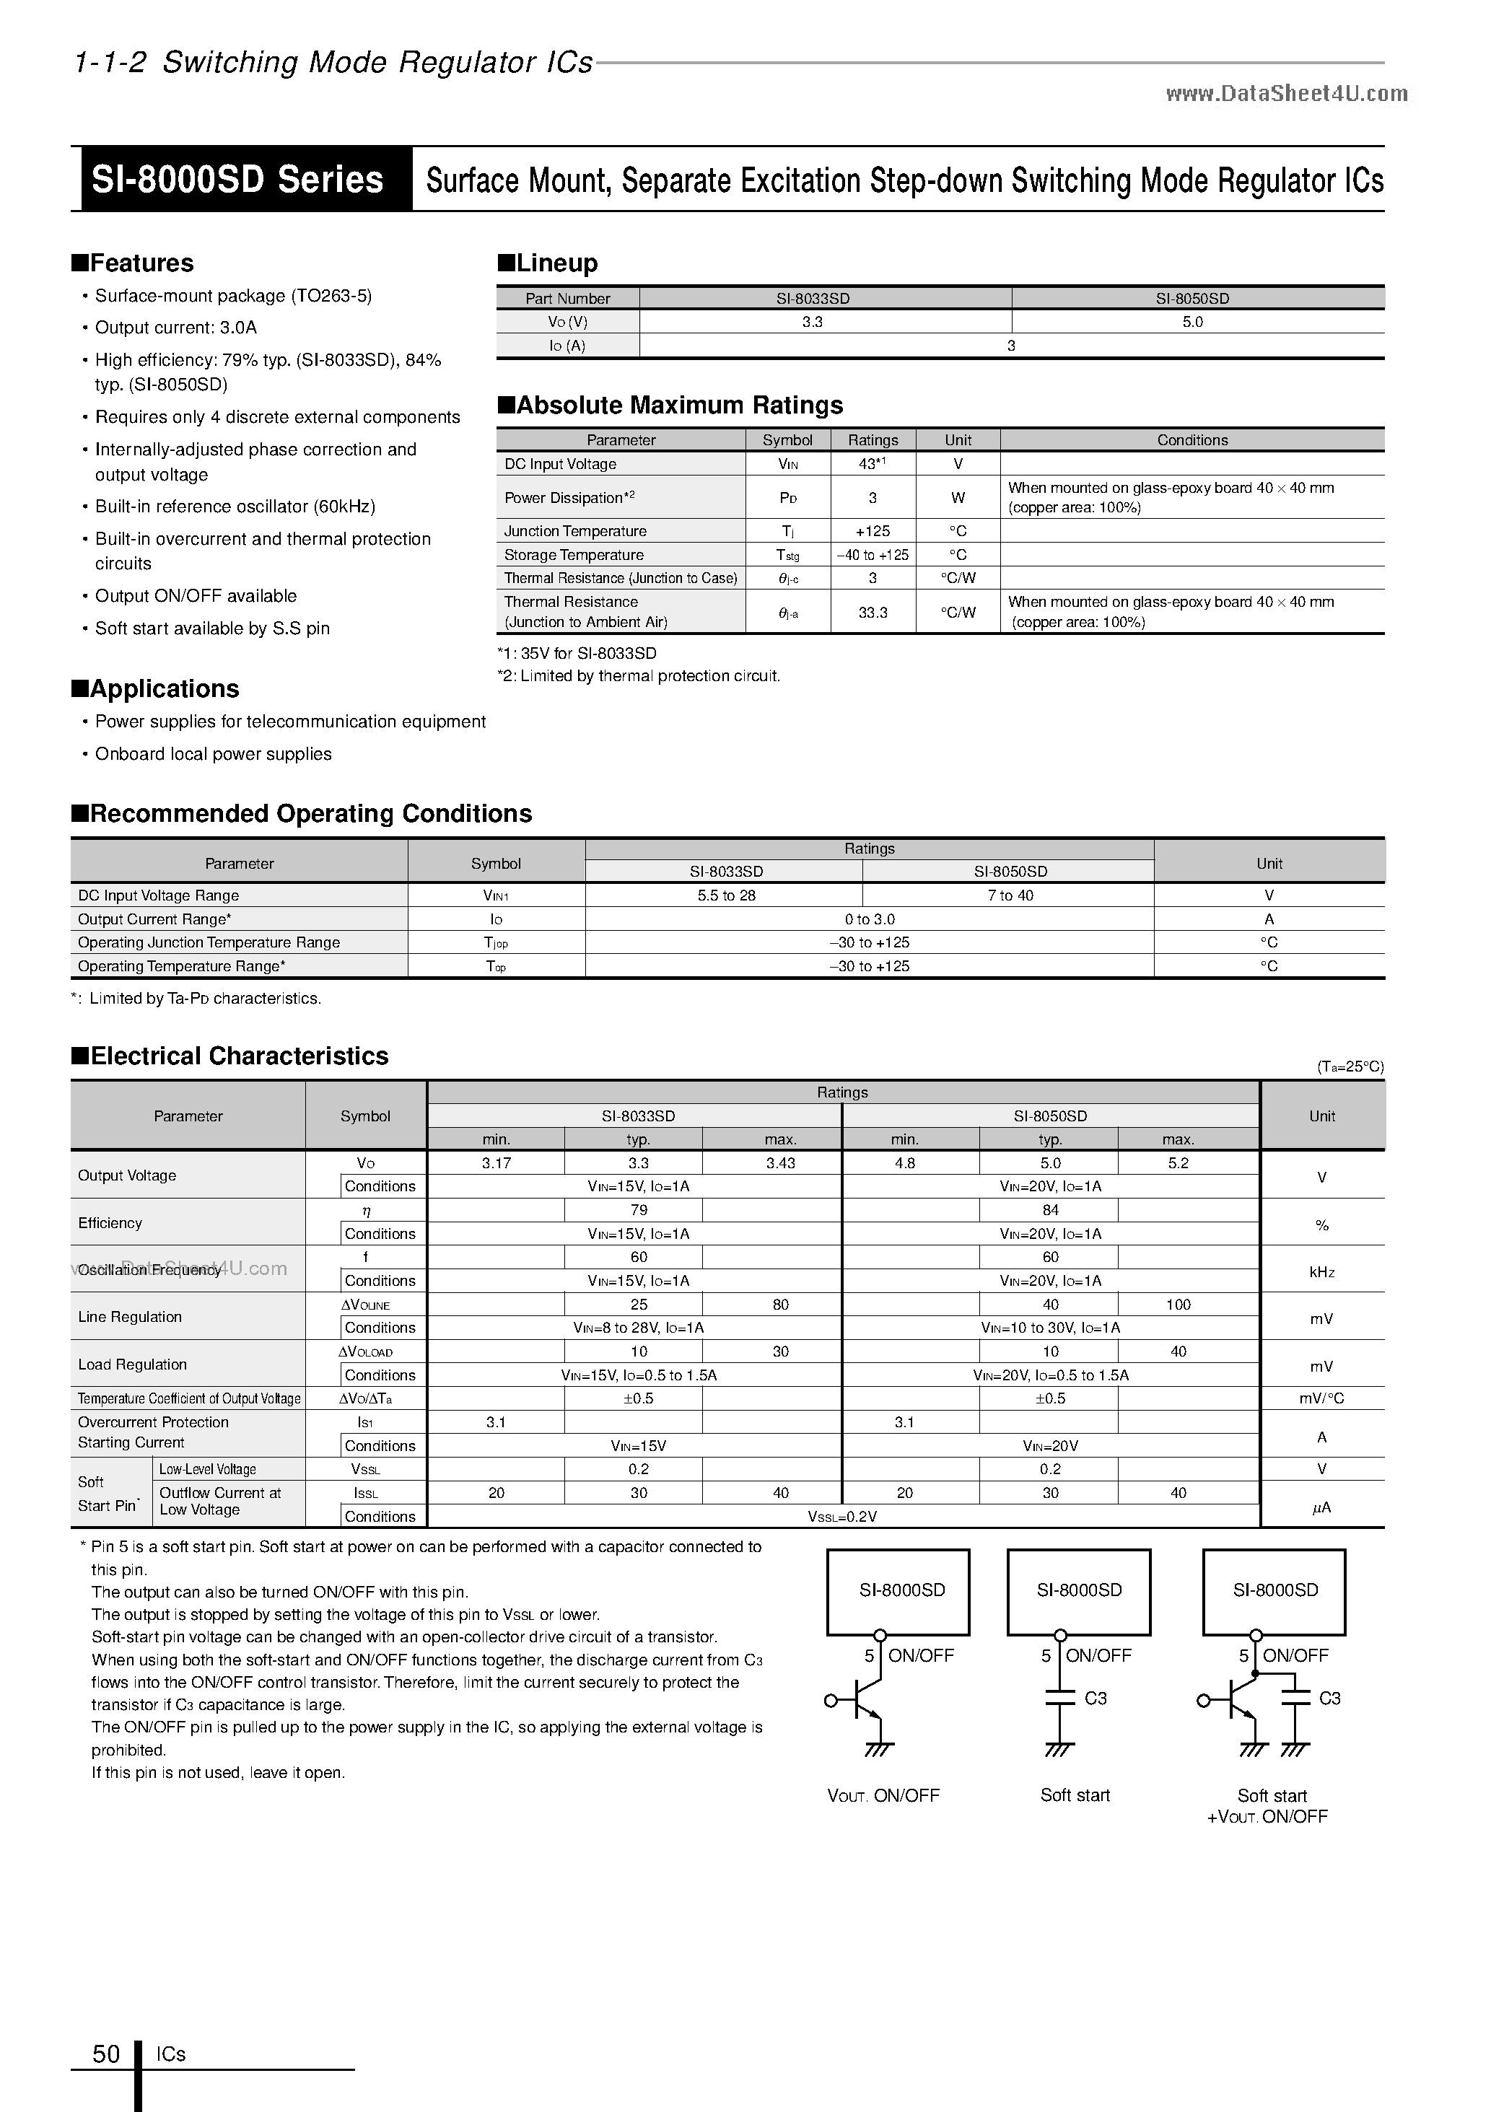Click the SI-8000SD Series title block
(x=237, y=180)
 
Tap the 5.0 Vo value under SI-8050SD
(x=1192, y=322)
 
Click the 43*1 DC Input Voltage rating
(x=872, y=464)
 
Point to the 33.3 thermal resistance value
(x=872, y=612)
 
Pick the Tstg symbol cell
(x=787, y=555)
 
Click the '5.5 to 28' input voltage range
(x=726, y=895)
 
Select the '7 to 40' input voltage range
(x=1009, y=895)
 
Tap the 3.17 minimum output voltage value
(x=496, y=1162)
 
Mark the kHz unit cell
(x=1321, y=1271)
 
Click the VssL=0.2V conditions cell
(x=841, y=1516)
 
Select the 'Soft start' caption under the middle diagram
(x=1075, y=1795)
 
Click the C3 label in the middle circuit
(x=1095, y=1698)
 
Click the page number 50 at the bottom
(x=107, y=2054)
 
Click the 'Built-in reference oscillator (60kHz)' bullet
(x=235, y=506)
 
